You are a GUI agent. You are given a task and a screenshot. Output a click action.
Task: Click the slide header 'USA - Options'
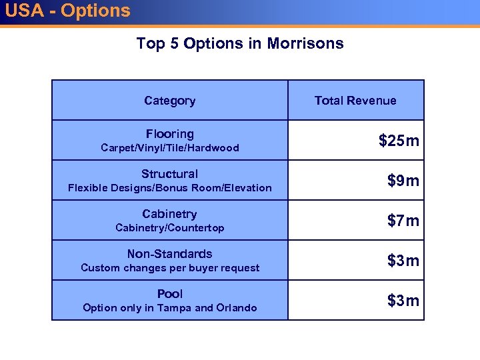[67, 11]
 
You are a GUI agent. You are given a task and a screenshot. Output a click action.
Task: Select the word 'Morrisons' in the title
[305, 44]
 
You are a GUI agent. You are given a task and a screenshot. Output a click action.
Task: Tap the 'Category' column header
[169, 101]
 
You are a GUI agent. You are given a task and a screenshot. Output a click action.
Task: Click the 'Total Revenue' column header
[355, 101]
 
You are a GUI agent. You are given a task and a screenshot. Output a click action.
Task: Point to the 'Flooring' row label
[169, 134]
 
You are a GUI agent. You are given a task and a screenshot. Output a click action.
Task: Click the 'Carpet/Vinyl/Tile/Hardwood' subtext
[169, 148]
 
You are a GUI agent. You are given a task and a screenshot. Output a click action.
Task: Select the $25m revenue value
[399, 141]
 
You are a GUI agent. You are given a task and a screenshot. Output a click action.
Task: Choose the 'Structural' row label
[169, 174]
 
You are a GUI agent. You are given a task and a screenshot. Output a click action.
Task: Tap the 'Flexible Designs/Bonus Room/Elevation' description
[169, 188]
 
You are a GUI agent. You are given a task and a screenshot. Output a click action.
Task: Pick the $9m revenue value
[403, 181]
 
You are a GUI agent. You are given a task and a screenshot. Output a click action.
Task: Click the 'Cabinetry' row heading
[169, 214]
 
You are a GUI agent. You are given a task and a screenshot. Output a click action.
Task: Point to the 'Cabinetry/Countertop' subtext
[169, 228]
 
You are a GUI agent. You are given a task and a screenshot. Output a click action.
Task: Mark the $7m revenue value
[403, 221]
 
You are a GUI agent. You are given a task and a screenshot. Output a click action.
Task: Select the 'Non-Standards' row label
[169, 254]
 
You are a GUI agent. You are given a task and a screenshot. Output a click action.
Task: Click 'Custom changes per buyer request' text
[169, 268]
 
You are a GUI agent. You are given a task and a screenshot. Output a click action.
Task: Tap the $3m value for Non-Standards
[403, 261]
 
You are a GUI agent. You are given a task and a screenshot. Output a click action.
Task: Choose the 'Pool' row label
[169, 294]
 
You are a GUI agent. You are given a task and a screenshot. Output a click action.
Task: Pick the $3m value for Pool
[403, 301]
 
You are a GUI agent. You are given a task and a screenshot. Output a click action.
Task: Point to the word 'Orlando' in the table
[236, 308]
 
